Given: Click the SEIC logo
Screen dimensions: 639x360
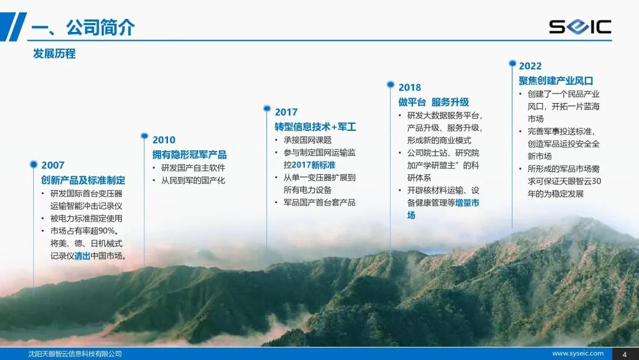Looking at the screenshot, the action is click(580, 27).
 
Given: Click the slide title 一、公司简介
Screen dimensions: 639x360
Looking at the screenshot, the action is click(83, 27).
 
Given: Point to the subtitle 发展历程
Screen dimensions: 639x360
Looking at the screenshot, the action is click(54, 53).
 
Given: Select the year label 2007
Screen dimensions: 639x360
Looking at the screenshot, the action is click(53, 165).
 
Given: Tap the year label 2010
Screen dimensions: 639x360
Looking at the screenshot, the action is click(164, 140).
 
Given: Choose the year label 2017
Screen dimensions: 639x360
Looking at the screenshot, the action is click(286, 112).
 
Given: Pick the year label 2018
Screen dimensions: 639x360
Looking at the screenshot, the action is click(409, 88).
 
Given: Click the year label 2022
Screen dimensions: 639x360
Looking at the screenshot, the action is click(530, 66).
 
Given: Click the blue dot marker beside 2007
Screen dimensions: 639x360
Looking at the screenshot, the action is click(33, 164).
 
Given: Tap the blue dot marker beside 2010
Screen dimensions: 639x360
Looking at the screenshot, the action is click(144, 136).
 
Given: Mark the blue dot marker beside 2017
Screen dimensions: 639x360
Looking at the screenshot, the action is click(267, 108).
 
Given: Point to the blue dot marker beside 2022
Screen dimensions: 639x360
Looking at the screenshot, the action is click(512, 63).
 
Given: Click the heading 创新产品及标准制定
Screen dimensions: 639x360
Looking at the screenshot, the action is click(83, 180).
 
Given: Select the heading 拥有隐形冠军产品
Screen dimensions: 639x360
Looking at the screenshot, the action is click(189, 155).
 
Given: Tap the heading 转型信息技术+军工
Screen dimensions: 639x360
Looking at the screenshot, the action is click(315, 127).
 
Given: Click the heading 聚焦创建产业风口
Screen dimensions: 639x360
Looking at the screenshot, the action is click(556, 81).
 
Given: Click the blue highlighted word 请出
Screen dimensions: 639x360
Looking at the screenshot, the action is click(82, 256).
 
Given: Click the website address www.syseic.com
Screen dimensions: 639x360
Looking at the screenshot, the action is click(578, 353).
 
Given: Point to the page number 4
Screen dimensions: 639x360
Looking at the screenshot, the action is click(625, 354).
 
